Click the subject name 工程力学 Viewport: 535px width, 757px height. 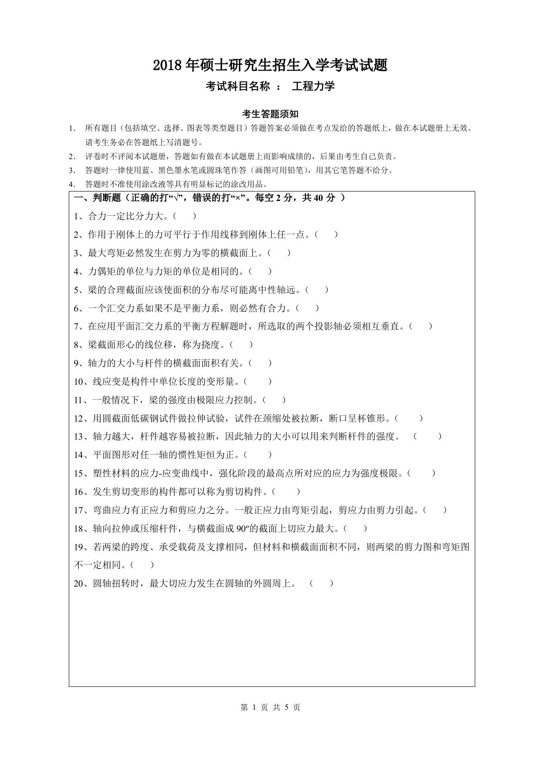(x=313, y=86)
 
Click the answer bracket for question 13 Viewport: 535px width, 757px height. (x=427, y=436)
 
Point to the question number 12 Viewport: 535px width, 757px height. (x=79, y=419)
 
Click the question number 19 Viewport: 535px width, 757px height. (x=79, y=547)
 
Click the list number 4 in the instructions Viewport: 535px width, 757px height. (x=71, y=184)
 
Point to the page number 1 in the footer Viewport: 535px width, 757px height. (x=254, y=708)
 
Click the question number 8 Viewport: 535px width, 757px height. (x=76, y=345)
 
